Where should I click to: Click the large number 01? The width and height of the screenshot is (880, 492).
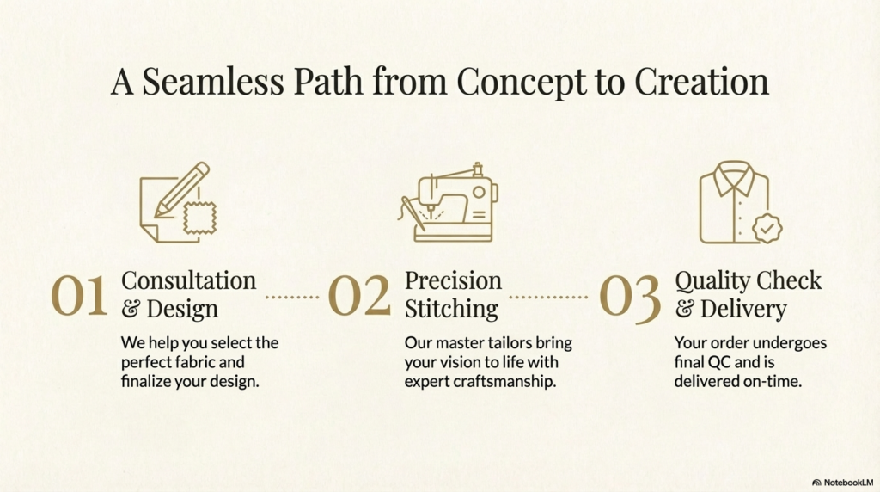[79, 295]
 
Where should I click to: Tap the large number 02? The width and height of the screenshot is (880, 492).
[359, 295]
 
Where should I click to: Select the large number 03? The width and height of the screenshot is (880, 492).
[630, 298]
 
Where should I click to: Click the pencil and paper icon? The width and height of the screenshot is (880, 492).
[178, 202]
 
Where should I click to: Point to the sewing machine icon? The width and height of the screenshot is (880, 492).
[449, 202]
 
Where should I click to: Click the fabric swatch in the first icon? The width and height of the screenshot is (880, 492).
[199, 218]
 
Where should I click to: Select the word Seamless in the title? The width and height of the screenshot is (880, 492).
[213, 82]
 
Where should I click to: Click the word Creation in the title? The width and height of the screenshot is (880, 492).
[701, 82]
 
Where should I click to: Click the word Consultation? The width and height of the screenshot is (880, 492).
[188, 280]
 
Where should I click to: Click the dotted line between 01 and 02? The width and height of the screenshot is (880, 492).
[292, 297]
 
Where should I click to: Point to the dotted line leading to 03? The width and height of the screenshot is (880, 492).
[548, 297]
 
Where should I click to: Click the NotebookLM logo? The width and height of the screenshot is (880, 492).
[842, 483]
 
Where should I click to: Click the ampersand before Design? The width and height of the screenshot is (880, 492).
[131, 309]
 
